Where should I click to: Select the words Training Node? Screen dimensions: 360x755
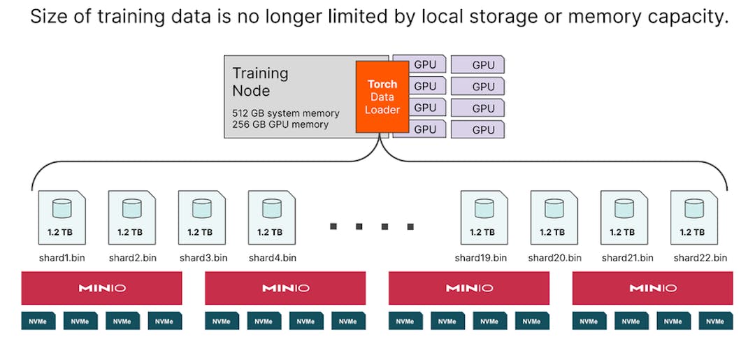(260, 82)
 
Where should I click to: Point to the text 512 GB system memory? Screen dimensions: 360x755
(285, 113)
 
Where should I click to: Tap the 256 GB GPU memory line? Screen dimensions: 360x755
(280, 124)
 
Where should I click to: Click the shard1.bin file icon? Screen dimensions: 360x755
(62, 217)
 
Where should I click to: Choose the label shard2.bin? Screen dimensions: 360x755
(132, 258)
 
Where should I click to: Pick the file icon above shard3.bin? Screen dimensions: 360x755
(202, 217)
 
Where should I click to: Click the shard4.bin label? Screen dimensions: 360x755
(272, 258)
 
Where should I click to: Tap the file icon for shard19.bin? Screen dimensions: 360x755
(484, 217)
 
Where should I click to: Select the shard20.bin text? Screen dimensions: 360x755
(554, 258)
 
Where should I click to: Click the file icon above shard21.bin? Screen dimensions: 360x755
(624, 217)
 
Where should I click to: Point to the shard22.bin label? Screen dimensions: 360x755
(700, 258)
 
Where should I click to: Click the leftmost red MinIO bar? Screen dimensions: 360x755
(101, 288)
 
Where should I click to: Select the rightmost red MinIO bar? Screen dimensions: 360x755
(652, 288)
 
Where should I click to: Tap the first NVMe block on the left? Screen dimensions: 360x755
(38, 322)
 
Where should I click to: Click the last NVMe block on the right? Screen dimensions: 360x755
(715, 322)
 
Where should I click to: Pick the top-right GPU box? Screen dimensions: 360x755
(478, 65)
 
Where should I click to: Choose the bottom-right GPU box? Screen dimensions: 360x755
(478, 129)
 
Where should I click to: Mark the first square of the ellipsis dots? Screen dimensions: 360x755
(333, 226)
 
